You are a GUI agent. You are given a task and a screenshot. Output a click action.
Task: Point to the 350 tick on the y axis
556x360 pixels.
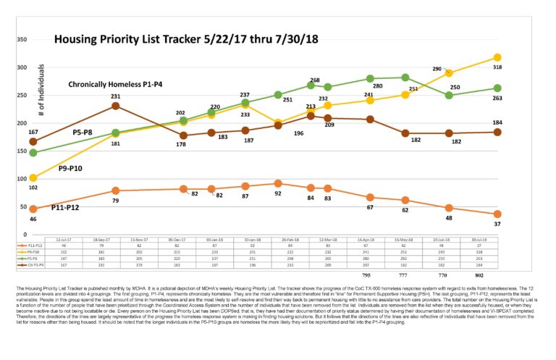tap(22, 40)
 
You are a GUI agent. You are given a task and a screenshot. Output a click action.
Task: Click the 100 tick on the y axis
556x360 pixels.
tap(22, 179)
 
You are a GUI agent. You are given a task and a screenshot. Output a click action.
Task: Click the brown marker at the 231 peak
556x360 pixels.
tap(116, 106)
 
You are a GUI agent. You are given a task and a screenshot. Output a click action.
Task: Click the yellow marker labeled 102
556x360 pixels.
tap(33, 178)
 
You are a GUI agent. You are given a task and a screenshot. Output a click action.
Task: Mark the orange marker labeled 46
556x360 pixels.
tap(33, 209)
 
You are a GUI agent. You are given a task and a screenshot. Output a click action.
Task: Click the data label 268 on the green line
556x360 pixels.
tap(315, 80)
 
